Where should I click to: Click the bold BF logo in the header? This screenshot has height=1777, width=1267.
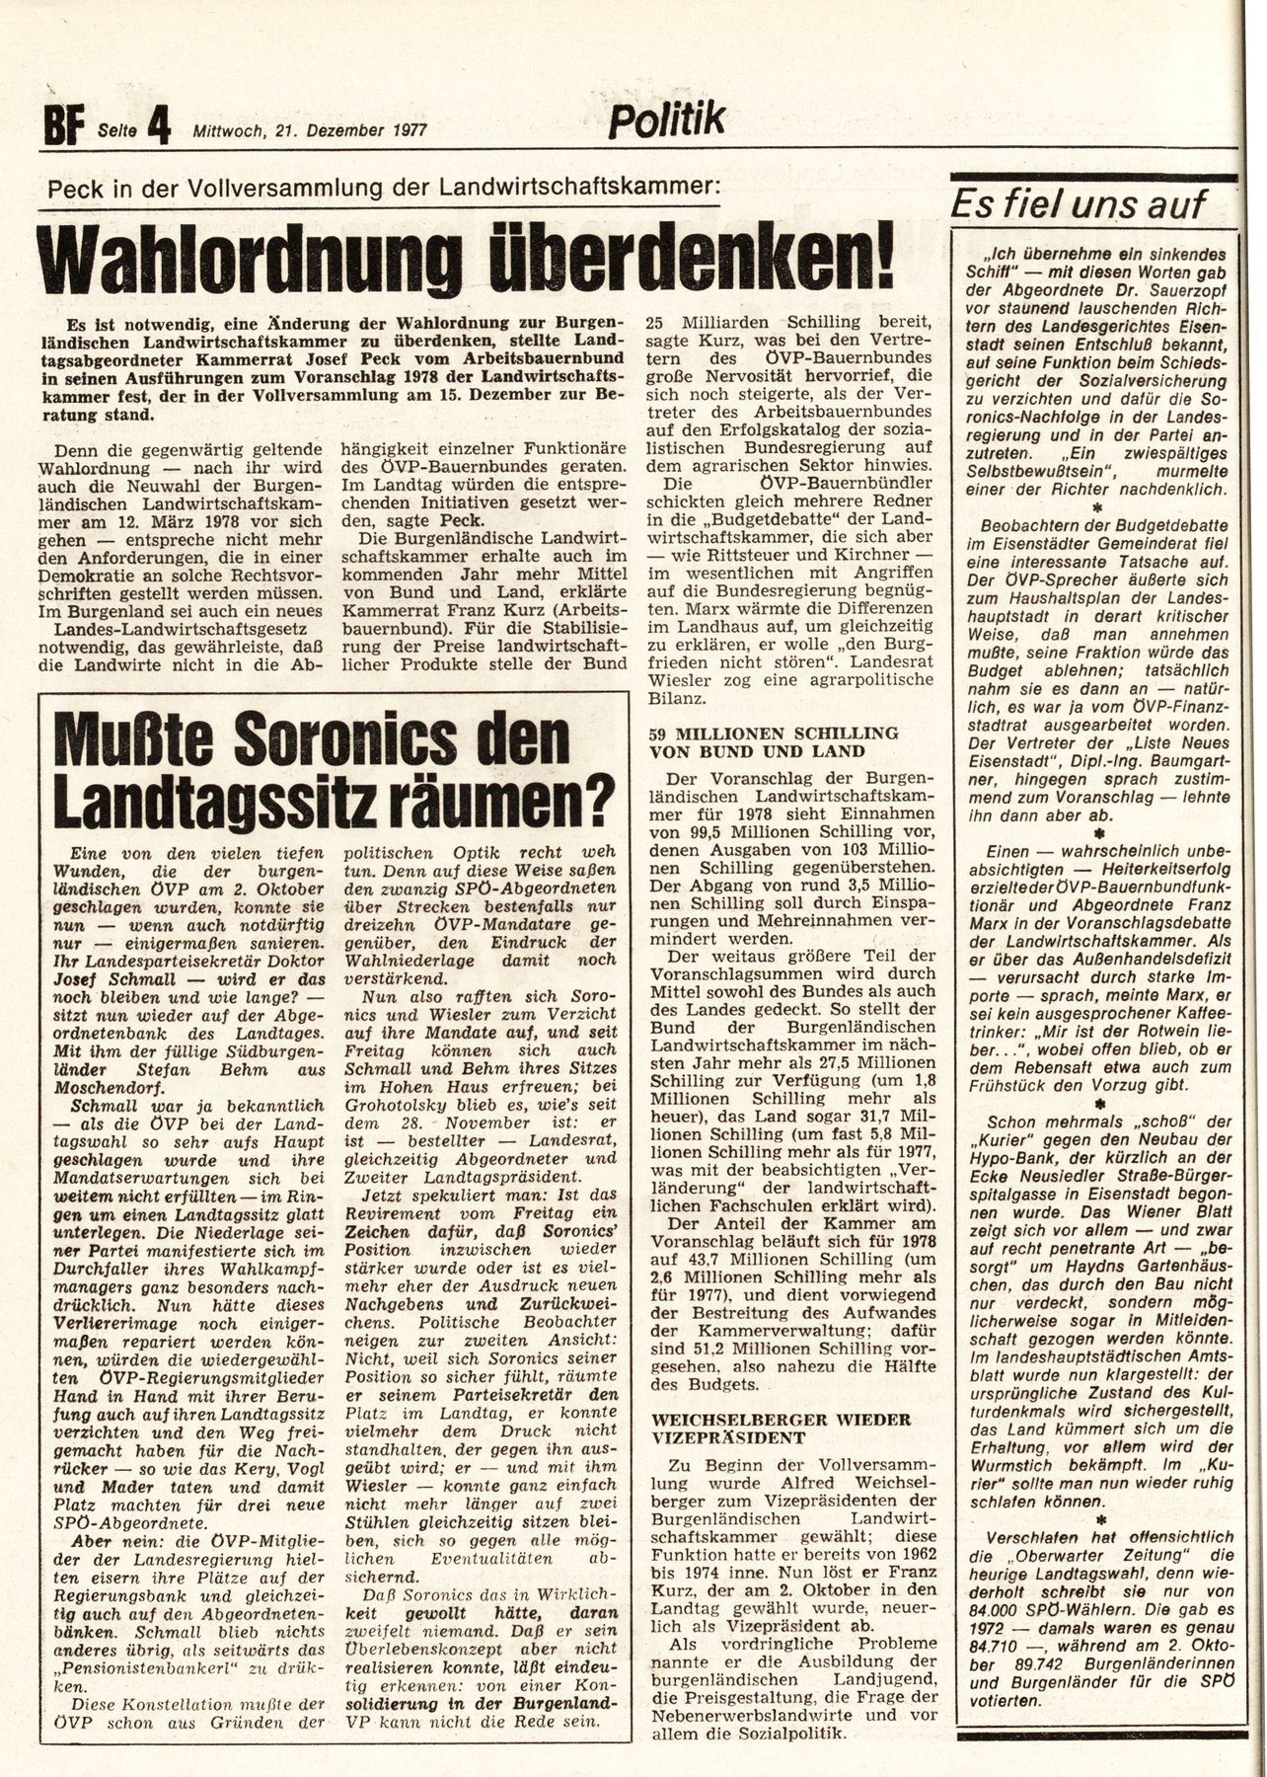[65, 127]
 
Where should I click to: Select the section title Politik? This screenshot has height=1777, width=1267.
[666, 121]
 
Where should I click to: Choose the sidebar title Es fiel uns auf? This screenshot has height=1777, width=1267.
[1078, 204]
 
